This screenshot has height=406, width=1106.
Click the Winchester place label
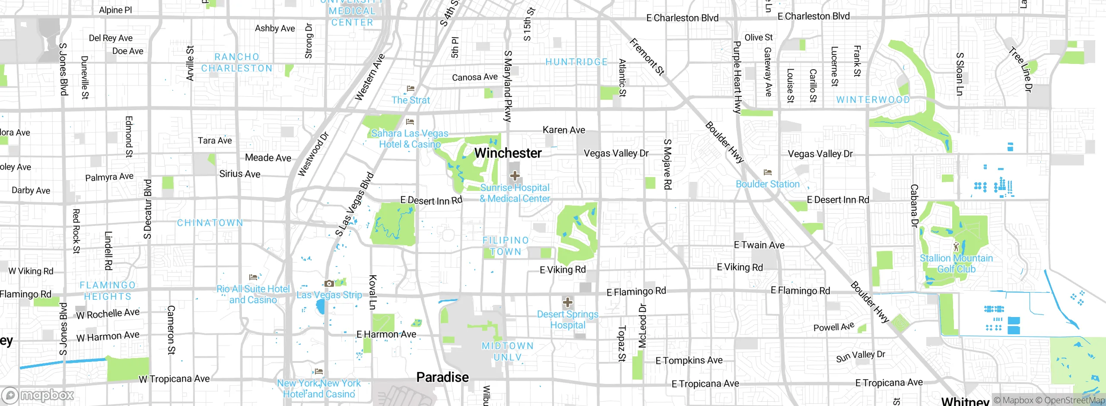[x=508, y=153]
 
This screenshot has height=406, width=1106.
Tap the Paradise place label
[x=442, y=377]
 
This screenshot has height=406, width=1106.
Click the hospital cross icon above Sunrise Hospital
[x=515, y=175]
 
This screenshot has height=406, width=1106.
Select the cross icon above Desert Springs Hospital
[x=567, y=302]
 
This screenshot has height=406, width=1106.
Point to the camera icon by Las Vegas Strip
[x=329, y=283]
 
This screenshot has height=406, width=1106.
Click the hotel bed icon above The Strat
[x=410, y=89]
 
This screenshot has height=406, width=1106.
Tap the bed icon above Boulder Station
[x=767, y=172]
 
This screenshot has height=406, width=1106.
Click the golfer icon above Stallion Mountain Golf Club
[x=956, y=247]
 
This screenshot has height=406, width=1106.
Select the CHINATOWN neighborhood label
[x=210, y=223]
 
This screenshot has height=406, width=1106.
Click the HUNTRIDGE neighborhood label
[x=576, y=62]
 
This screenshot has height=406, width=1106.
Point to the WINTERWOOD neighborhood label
[x=873, y=100]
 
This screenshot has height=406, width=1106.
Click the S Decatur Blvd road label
[x=147, y=209]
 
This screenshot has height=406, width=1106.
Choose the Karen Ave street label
[x=564, y=130]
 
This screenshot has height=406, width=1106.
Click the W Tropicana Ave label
[x=174, y=379]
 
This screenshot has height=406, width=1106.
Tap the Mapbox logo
[x=38, y=395]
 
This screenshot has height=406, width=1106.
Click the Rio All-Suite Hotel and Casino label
[x=253, y=294]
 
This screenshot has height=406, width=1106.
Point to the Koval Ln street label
[x=372, y=292]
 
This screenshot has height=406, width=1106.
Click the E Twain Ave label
[x=759, y=245]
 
